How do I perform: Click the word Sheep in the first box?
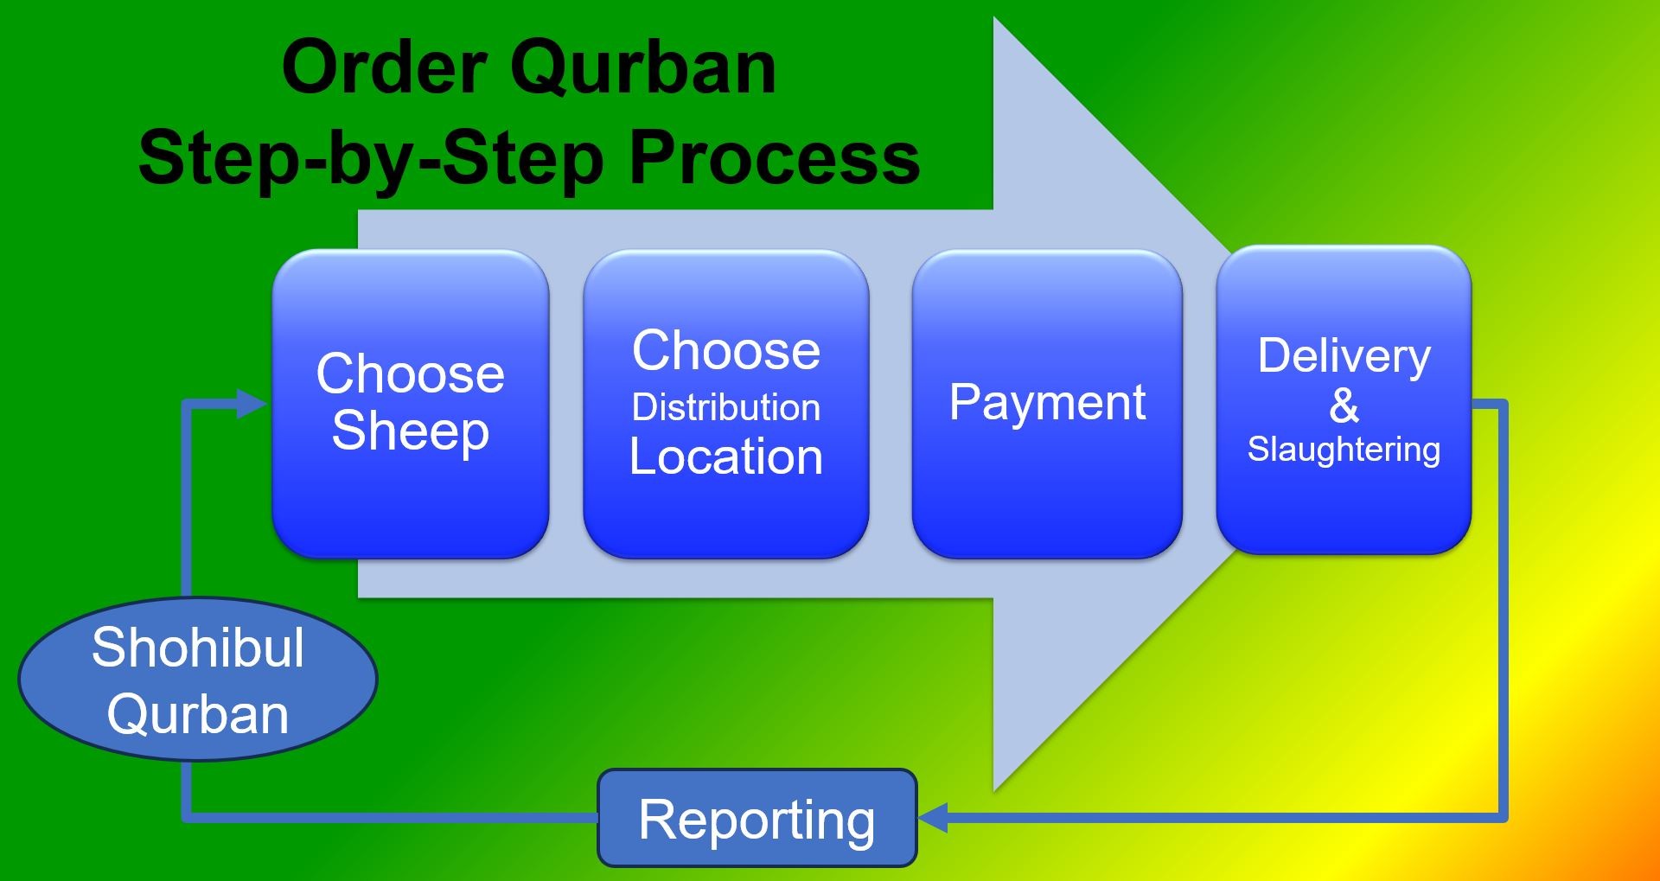(410, 431)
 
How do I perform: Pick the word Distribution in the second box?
(725, 407)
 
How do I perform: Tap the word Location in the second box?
(725, 456)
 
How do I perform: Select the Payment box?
(1046, 403)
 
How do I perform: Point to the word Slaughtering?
(1344, 450)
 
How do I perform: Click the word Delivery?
(1344, 355)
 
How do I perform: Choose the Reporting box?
(757, 818)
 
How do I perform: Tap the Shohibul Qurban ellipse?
(197, 680)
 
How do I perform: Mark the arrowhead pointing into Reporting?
(933, 817)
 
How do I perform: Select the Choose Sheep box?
(410, 404)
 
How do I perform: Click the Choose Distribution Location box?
(725, 404)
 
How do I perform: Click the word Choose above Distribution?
(725, 351)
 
